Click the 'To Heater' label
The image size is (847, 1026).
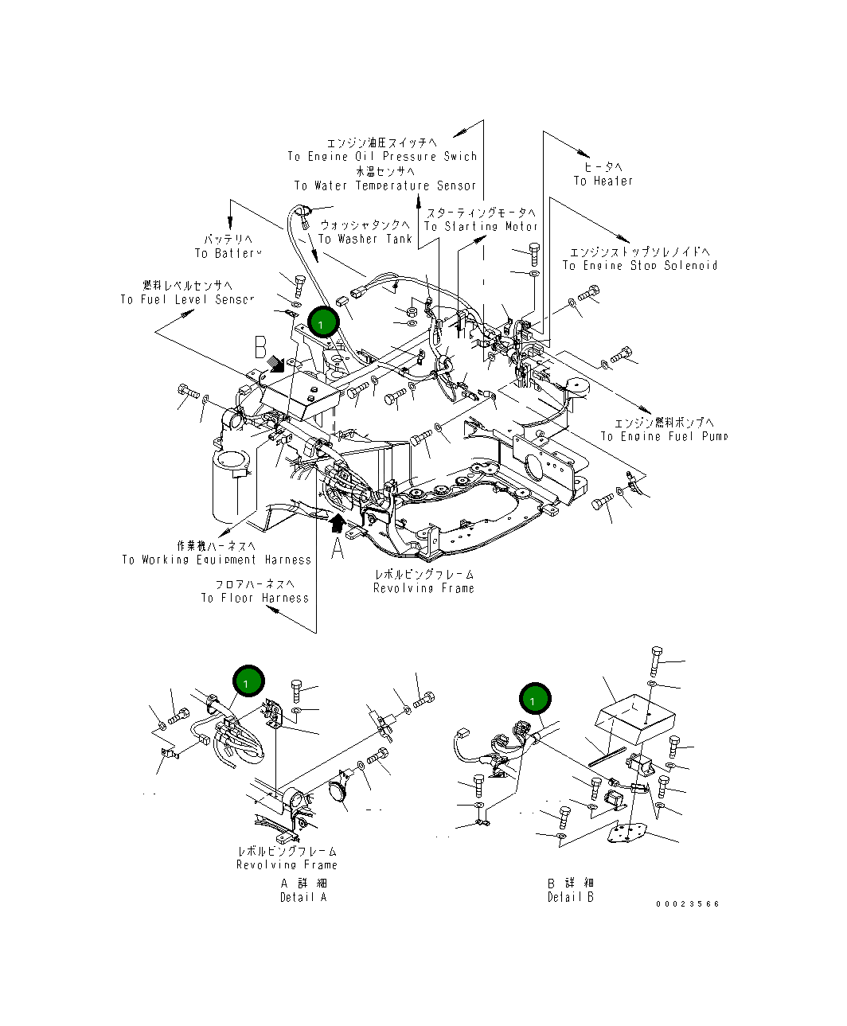pyautogui.click(x=603, y=181)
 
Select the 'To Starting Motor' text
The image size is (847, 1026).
pyautogui.click(x=481, y=226)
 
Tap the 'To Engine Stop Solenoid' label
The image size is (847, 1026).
pyautogui.click(x=639, y=265)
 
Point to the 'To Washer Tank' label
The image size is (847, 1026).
pyautogui.click(x=365, y=239)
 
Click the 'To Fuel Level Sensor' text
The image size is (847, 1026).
pyautogui.click(x=187, y=299)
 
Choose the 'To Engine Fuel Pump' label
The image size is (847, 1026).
pyautogui.click(x=664, y=436)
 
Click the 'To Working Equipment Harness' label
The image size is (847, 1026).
pyautogui.click(x=216, y=560)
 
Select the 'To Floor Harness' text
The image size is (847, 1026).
pyautogui.click(x=254, y=598)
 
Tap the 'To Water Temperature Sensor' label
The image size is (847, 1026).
pyautogui.click(x=385, y=185)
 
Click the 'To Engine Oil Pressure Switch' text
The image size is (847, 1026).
pyautogui.click(x=382, y=157)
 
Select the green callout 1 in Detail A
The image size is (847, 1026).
pyautogui.click(x=248, y=682)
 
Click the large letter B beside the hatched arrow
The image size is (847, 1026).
pyautogui.click(x=261, y=349)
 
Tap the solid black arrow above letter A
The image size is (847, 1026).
pyautogui.click(x=338, y=522)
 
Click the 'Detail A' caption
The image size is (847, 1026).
pyautogui.click(x=302, y=897)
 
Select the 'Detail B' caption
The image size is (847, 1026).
pyautogui.click(x=570, y=897)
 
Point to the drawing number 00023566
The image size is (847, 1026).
pyautogui.click(x=688, y=903)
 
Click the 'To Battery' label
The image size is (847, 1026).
pyautogui.click(x=228, y=253)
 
